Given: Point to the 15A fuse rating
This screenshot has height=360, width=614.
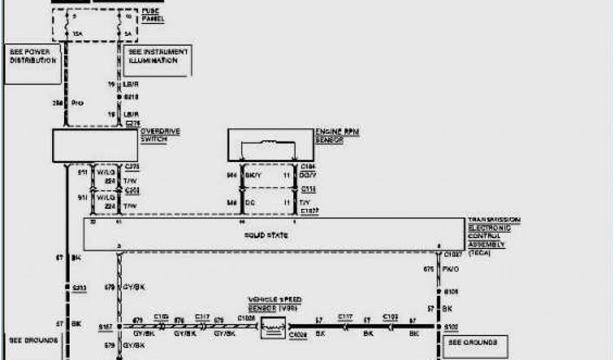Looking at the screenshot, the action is (76, 34).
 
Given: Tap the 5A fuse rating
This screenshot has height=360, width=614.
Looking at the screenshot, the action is (127, 34).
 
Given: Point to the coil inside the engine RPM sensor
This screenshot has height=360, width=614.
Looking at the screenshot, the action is (268, 143).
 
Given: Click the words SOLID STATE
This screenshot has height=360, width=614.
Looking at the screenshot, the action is (275, 235).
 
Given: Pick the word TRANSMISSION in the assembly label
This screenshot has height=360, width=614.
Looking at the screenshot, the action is (494, 221).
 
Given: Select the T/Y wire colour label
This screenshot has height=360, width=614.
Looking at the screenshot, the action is (306, 203).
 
